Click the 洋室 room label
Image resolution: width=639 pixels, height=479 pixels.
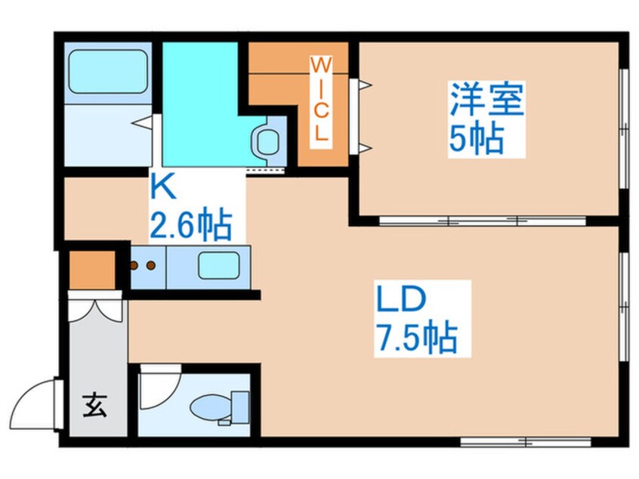(x=486, y=101)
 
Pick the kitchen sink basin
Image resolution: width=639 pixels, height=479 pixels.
(x=218, y=267)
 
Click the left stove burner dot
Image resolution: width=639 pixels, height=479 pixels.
(x=135, y=265)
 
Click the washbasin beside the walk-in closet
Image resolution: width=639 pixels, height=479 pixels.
(x=267, y=140)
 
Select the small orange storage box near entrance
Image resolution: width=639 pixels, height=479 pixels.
(x=91, y=268)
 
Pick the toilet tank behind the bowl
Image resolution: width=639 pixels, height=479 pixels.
(x=240, y=406)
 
